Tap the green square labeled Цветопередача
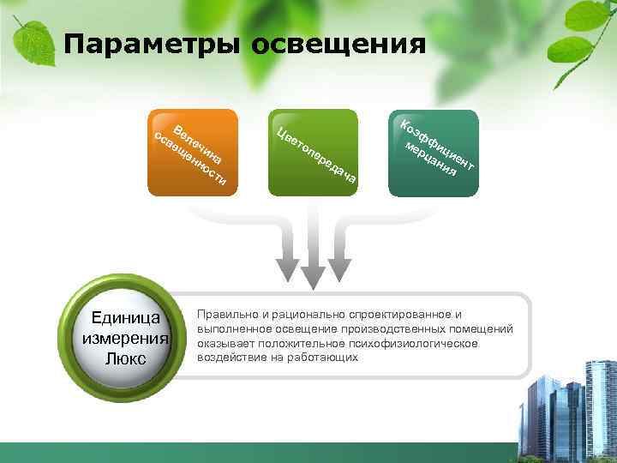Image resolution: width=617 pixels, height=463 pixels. coord(313,152)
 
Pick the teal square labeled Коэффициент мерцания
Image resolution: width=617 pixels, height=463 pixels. coord(434,152)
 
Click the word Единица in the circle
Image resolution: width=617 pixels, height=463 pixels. coord(126,319)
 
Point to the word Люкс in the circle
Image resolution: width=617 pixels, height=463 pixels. coord(126,358)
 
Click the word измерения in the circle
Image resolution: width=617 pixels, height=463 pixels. coord(126,338)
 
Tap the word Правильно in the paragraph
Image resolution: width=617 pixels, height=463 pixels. coord(226,315)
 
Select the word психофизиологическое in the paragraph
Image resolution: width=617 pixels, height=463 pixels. coord(420,343)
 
